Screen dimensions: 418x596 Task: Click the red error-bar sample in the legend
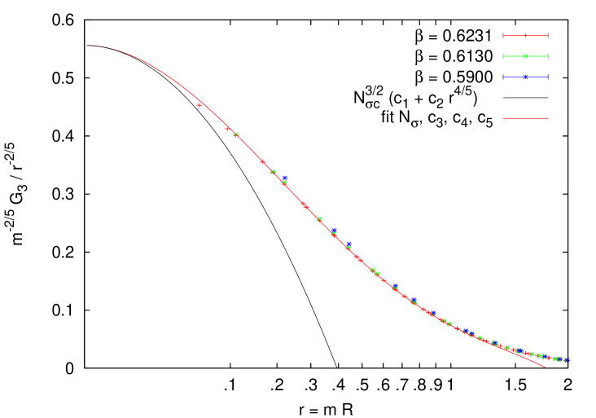point(525,36)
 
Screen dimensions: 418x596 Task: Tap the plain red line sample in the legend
point(525,118)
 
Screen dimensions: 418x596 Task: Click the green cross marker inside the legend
point(525,56)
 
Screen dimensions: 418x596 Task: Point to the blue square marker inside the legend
point(525,77)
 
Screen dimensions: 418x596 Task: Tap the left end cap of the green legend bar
point(504,56)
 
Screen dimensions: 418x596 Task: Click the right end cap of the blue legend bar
point(547,77)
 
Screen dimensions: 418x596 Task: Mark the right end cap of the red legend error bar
point(547,36)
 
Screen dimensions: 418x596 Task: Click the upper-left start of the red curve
point(88,46)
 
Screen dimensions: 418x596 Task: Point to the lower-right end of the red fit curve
point(545,367)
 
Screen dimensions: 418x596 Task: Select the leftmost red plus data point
point(199,105)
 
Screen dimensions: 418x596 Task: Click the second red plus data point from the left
point(227,128)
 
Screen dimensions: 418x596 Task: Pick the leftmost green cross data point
point(235,134)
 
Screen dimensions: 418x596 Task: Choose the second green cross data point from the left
point(273,171)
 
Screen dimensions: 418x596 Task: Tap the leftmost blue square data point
point(284,178)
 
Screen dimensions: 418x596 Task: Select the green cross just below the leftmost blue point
point(284,183)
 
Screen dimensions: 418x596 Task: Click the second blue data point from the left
point(334,231)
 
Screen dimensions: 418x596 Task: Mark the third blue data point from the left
point(348,244)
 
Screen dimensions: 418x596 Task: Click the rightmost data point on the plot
point(567,360)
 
